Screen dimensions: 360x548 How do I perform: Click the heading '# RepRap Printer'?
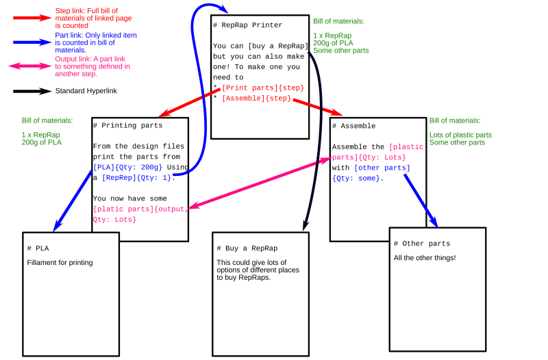(x=247, y=25)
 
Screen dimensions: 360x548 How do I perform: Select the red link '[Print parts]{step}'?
(x=262, y=88)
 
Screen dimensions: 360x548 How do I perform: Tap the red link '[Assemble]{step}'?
(x=256, y=99)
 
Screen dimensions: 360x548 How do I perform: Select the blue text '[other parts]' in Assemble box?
(x=382, y=168)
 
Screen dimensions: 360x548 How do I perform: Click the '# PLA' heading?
(x=38, y=248)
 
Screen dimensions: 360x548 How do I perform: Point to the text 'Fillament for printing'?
(x=60, y=262)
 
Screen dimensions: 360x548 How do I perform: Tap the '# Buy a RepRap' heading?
(x=247, y=248)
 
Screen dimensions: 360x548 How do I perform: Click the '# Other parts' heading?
(x=422, y=244)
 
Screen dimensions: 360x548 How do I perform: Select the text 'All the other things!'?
(x=425, y=258)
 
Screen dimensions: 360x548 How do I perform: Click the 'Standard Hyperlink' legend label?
(x=86, y=91)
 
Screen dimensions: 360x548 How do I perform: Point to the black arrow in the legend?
(x=32, y=91)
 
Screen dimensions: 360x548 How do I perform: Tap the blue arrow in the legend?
(x=32, y=42)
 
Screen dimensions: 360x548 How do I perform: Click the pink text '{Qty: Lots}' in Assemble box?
(x=382, y=157)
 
